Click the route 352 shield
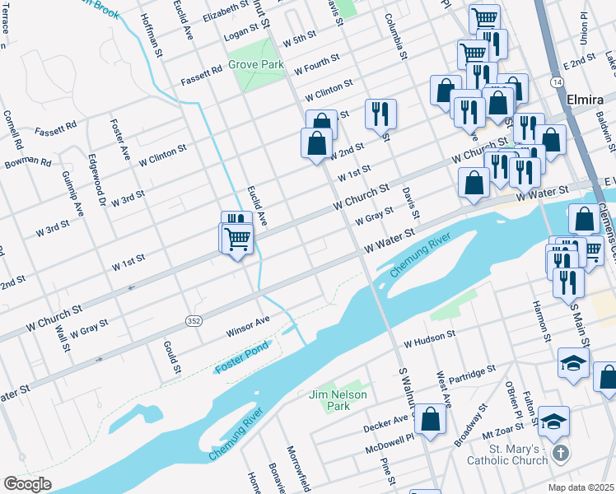coord(192,319)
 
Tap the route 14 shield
coord(558,83)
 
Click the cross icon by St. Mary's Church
coord(560,454)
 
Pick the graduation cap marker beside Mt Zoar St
coord(555,419)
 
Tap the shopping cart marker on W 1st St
coord(237,239)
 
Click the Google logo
coord(27,483)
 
